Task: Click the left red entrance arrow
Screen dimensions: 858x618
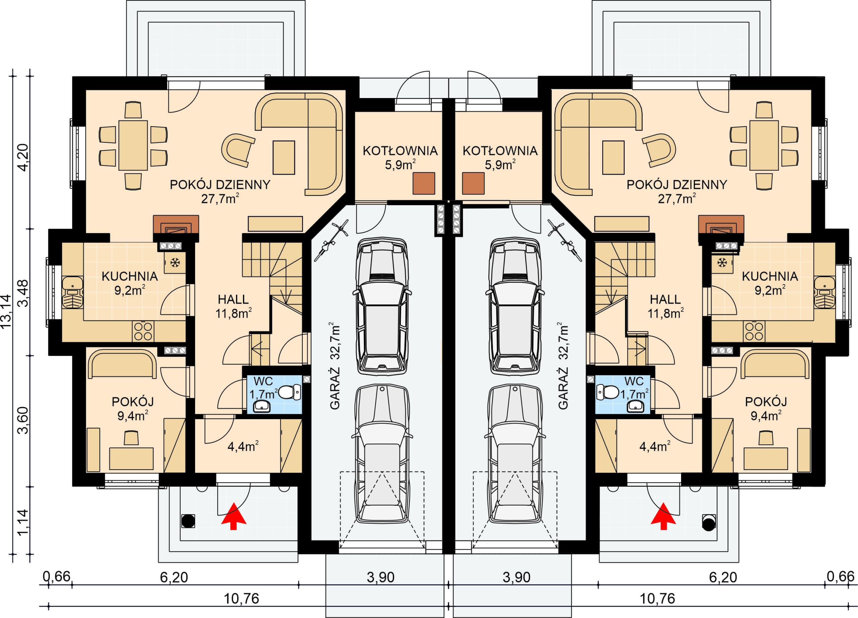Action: (x=233, y=516)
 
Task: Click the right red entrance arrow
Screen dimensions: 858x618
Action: (x=663, y=516)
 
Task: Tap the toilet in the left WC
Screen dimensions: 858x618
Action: (x=291, y=392)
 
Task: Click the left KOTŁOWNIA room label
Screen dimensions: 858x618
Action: (x=400, y=151)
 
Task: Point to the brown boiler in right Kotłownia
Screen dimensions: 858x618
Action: (x=473, y=183)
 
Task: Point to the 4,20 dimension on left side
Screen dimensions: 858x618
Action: (x=23, y=158)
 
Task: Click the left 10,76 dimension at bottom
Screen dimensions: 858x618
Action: (x=241, y=599)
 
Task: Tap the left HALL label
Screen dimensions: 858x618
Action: (x=233, y=299)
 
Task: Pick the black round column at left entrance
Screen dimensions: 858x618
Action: (x=188, y=521)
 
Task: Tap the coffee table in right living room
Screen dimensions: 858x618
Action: (x=613, y=157)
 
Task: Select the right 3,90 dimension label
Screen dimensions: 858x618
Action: (x=517, y=577)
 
